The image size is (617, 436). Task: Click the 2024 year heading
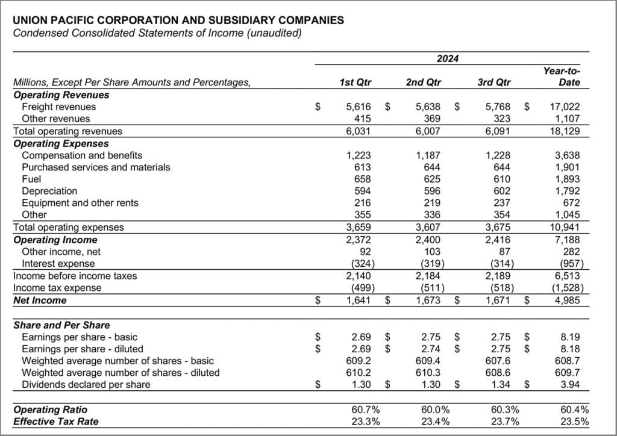coord(447,58)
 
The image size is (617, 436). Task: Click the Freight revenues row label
coord(58,107)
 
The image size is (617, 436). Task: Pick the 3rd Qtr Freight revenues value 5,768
coord(498,107)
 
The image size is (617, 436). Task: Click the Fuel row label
coord(31,179)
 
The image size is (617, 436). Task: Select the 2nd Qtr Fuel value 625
coord(433,179)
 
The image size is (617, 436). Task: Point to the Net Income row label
coord(40,300)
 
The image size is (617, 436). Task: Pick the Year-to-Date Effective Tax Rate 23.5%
coord(574,422)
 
